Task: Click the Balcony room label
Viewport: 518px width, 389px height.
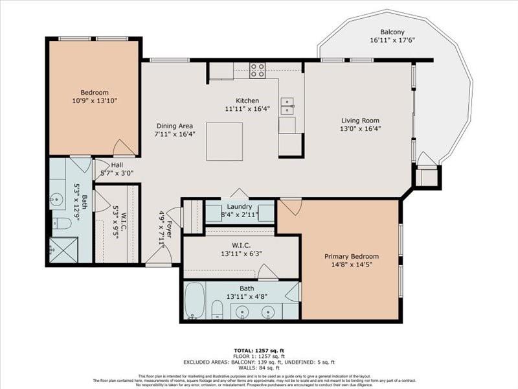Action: coord(393,31)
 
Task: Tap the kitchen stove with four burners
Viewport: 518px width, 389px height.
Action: coord(258,70)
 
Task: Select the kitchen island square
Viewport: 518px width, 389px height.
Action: coord(225,141)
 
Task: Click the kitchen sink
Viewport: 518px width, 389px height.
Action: coord(287,106)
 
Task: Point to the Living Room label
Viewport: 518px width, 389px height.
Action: coord(361,121)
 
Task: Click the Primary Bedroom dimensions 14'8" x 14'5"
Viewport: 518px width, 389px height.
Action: coord(352,265)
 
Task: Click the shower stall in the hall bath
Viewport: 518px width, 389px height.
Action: coord(63,250)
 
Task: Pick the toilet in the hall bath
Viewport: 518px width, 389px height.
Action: coord(62,224)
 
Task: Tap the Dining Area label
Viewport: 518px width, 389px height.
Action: coord(175,126)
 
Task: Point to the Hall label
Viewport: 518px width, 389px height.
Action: coord(117,165)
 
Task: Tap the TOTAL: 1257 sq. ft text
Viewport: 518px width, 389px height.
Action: coord(258,349)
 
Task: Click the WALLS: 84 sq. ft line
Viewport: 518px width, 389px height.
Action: coord(258,367)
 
